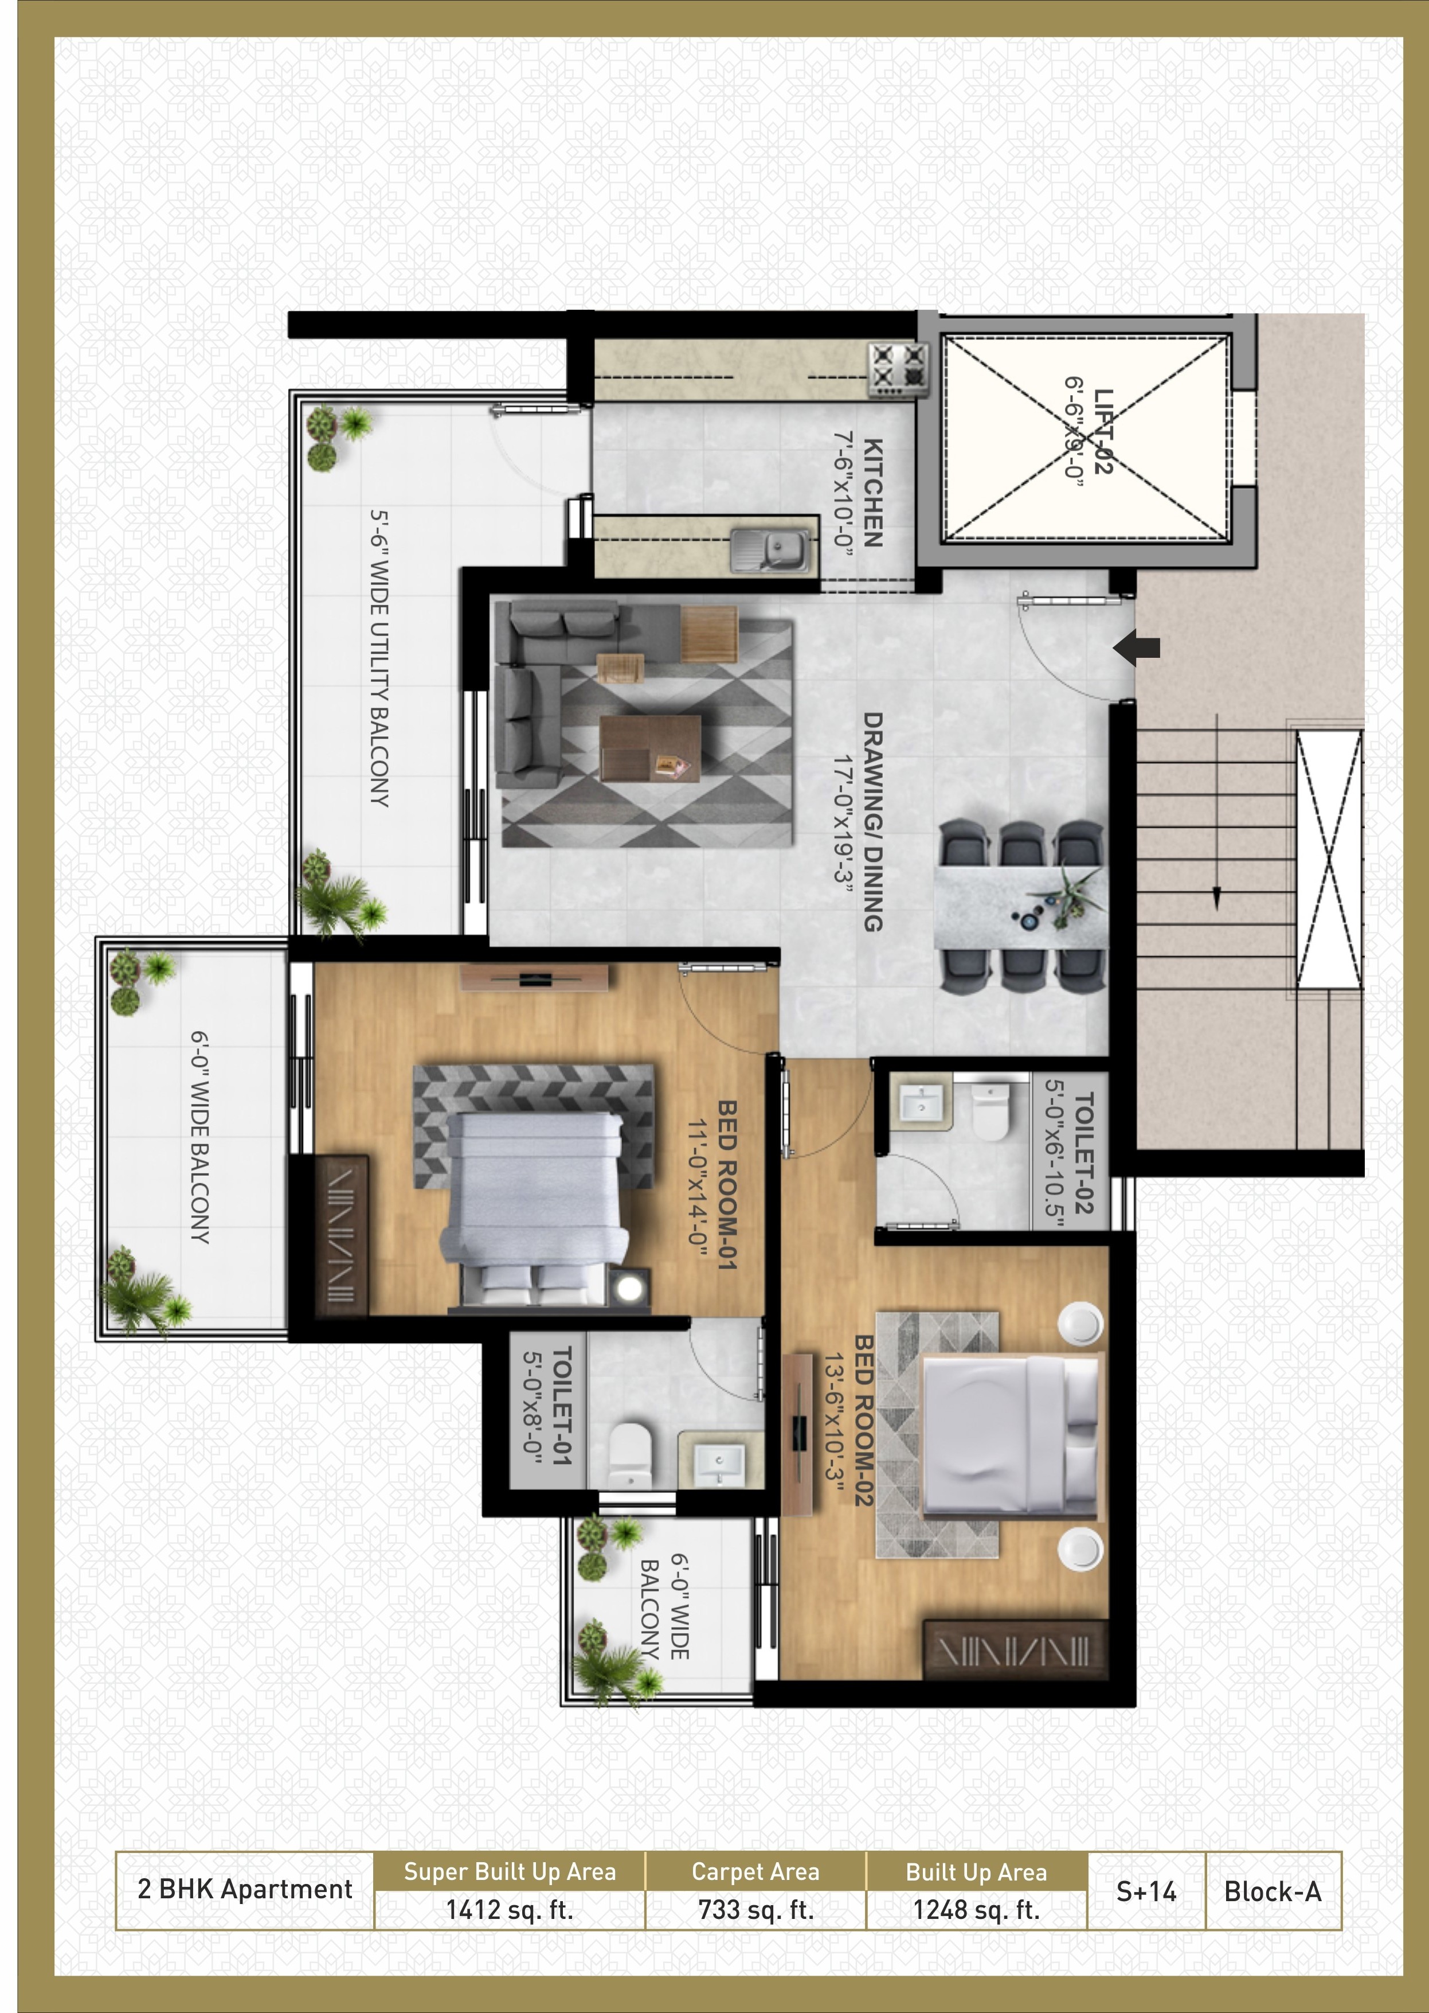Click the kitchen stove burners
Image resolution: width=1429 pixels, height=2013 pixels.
pos(898,369)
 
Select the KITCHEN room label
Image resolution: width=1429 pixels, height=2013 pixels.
pos(872,493)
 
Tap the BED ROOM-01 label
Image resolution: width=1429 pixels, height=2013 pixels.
pos(726,1184)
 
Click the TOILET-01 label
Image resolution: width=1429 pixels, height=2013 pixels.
pos(561,1406)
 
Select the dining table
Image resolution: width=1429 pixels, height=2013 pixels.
pos(1021,907)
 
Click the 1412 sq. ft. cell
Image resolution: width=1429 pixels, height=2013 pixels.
pos(510,1910)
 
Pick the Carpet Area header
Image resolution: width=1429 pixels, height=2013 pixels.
pos(755,1871)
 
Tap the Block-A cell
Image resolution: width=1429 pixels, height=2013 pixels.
pos(1273,1891)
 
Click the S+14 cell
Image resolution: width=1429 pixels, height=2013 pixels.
pos(1146,1891)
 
